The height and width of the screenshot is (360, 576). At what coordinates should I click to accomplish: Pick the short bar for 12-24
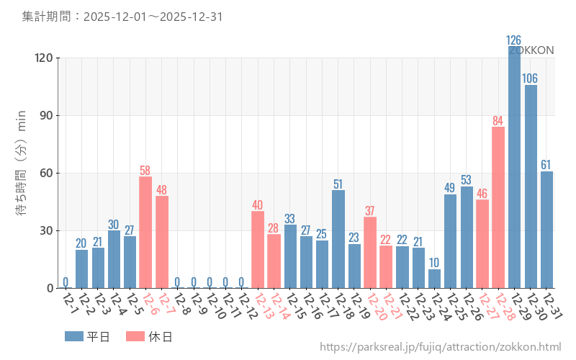click(x=434, y=279)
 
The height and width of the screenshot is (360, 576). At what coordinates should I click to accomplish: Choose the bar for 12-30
click(x=531, y=186)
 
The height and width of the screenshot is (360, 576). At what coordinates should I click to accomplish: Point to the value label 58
click(x=145, y=171)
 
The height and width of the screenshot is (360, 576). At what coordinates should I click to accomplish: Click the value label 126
click(x=514, y=40)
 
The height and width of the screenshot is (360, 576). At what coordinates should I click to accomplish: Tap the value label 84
click(x=498, y=120)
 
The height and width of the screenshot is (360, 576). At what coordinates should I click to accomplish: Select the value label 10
click(x=434, y=263)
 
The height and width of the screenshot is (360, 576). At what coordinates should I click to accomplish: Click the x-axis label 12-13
click(x=264, y=306)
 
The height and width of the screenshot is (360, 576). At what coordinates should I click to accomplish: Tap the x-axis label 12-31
click(x=553, y=306)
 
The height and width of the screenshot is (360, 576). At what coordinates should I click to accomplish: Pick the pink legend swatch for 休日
click(x=135, y=336)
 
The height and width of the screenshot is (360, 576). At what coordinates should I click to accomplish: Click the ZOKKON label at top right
click(x=531, y=50)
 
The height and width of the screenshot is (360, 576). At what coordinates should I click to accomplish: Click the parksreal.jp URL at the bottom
click(x=440, y=347)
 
